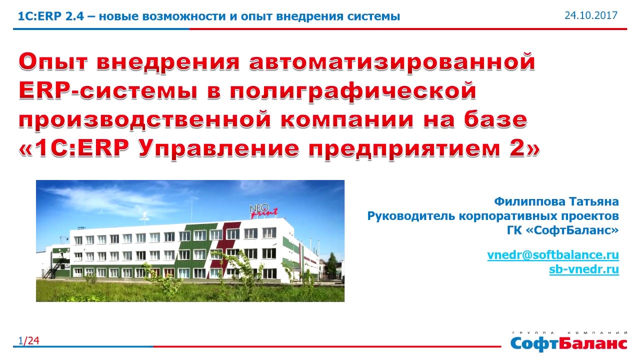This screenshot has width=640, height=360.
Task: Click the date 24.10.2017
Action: [591, 15]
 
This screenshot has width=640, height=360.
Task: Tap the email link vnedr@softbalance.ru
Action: [553, 255]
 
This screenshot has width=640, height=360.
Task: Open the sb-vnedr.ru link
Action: [584, 269]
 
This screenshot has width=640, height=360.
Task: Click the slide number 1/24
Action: [29, 340]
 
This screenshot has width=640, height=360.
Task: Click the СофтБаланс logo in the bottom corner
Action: [568, 342]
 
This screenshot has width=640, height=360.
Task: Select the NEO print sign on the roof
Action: [263, 211]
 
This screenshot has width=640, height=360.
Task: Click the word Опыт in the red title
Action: [53, 61]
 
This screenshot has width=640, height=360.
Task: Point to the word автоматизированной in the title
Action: [392, 61]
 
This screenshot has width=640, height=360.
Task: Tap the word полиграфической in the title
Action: [353, 91]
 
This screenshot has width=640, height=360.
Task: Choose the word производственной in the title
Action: [144, 120]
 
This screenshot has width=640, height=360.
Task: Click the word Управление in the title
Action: [219, 149]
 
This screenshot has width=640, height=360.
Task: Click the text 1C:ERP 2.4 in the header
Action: [51, 16]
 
